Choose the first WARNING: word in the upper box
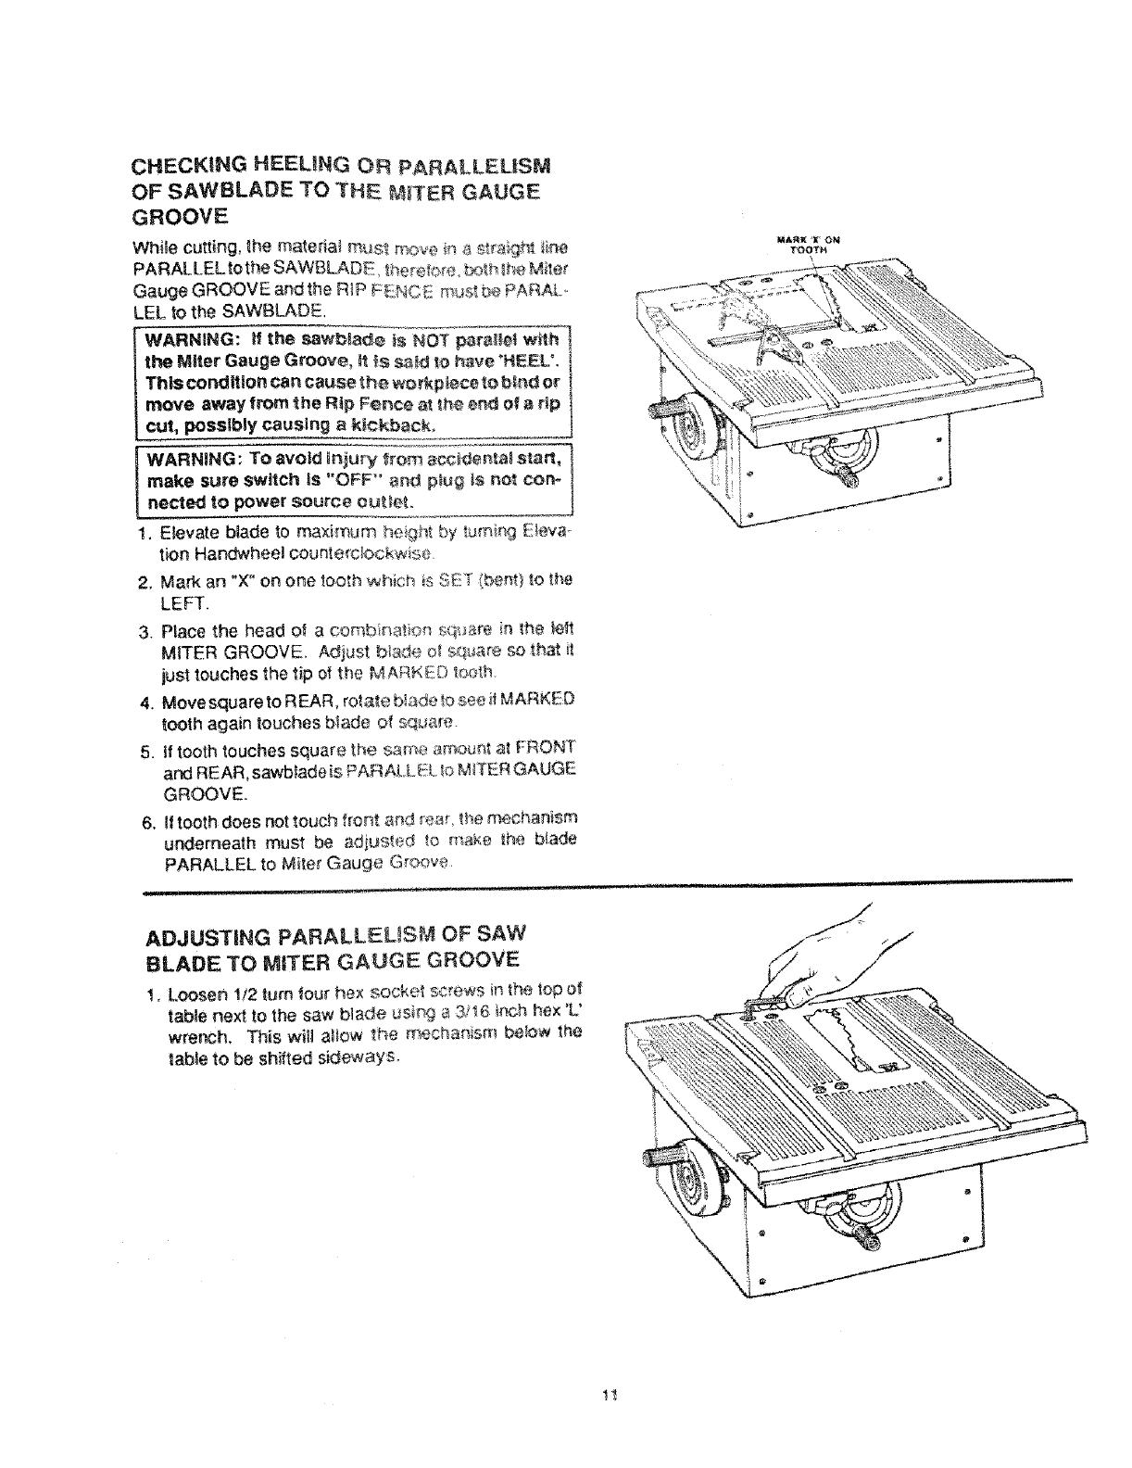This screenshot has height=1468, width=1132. pyautogui.click(x=189, y=337)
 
